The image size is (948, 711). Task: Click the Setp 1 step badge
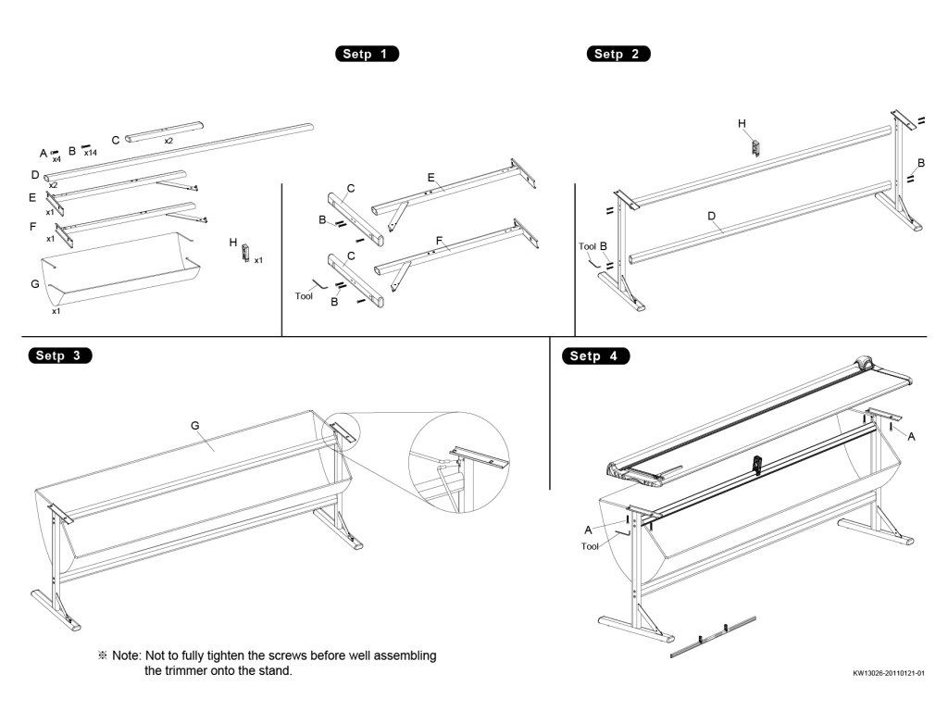point(367,54)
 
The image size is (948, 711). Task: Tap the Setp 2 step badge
point(618,54)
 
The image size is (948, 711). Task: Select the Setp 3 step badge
point(60,355)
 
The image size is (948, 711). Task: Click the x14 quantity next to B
point(91,153)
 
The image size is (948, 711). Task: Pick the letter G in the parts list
point(34,284)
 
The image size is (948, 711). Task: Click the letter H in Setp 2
point(742,123)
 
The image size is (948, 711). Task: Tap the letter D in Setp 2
point(712,217)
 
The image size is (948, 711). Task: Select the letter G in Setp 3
point(195,425)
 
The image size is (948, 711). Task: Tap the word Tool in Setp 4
point(590,546)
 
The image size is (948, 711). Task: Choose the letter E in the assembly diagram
point(430,176)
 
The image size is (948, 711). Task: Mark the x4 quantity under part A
point(56,159)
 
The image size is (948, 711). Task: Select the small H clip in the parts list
point(244,250)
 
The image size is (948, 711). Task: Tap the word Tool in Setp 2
point(587,246)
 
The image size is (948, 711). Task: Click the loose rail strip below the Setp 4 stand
point(712,636)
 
